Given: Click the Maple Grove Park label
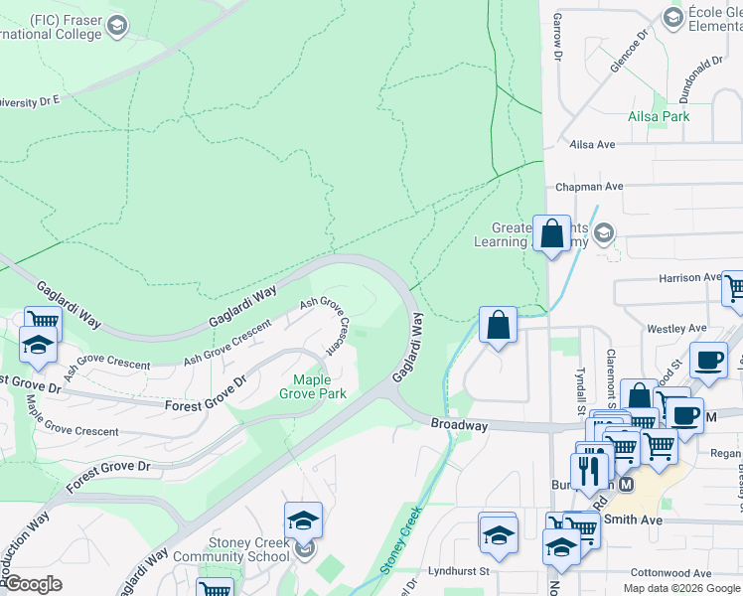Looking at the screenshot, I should [319, 386].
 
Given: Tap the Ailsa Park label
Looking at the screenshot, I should [658, 116].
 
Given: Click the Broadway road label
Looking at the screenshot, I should [459, 424].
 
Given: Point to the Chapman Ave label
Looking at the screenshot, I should [589, 186].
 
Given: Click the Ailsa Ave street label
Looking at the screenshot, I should [593, 144].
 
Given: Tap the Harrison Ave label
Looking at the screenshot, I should [688, 278].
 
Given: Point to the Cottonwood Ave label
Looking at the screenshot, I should [674, 573].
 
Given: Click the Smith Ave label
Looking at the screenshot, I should [634, 519].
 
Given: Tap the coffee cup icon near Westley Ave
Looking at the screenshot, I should [708, 361].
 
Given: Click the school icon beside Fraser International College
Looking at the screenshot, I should [117, 26].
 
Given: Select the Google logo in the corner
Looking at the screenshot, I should [34, 584].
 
